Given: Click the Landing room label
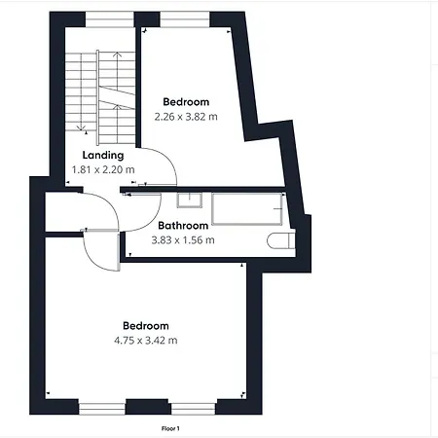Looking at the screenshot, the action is click(103, 156).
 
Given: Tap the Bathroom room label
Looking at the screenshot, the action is click(183, 226).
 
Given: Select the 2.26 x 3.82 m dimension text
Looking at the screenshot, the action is click(186, 117).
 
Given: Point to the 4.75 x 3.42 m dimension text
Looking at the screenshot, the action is click(146, 341).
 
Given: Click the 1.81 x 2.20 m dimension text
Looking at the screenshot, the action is click(103, 169).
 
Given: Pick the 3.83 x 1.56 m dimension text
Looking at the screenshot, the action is click(183, 240).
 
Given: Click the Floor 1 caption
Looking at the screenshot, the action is click(170, 428).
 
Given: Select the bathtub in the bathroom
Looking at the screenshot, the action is click(247, 209).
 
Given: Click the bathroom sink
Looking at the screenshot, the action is click(190, 200).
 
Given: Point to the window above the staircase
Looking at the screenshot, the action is click(110, 19).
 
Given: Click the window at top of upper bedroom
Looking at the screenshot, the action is click(185, 19).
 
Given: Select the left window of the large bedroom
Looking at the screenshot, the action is click(102, 408).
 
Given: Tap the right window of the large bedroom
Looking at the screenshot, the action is click(194, 408).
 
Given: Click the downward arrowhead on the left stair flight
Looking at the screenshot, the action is click(81, 128).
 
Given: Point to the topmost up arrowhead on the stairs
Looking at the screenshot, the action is click(118, 55).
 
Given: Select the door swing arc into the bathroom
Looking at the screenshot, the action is click(151, 221).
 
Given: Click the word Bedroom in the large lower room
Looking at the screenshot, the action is click(146, 326).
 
